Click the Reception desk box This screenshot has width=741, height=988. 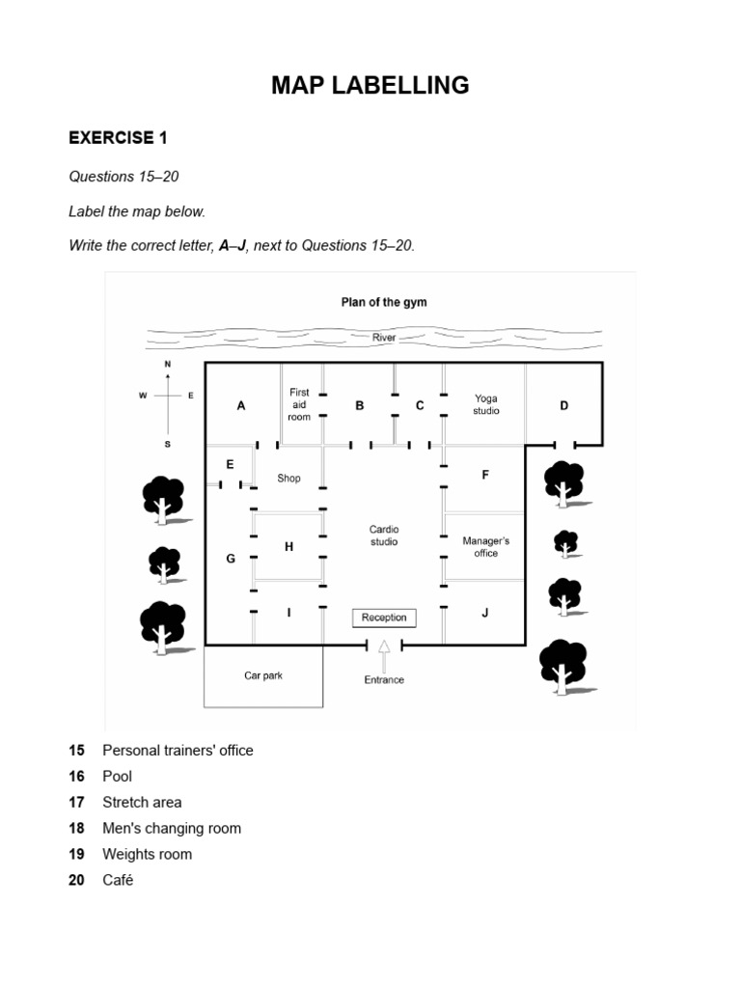(x=384, y=617)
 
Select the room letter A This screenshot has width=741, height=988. (x=241, y=406)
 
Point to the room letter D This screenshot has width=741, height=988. (x=564, y=406)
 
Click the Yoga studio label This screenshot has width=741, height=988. (x=486, y=404)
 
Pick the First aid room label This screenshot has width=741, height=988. (x=299, y=404)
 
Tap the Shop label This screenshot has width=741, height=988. (x=288, y=478)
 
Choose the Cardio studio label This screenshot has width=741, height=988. (x=384, y=535)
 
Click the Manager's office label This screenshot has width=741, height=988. (x=486, y=547)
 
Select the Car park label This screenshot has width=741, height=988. (x=263, y=675)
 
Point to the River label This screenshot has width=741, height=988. (x=384, y=338)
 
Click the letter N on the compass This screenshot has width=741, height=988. (x=168, y=364)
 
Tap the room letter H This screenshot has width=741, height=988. (x=288, y=547)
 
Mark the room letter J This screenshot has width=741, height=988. (x=485, y=613)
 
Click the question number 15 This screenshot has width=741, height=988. (x=76, y=750)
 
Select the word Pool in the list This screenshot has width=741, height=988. (x=117, y=776)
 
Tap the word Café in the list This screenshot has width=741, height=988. (x=118, y=880)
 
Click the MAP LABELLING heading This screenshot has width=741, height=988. (x=370, y=86)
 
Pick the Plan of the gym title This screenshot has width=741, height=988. (x=384, y=302)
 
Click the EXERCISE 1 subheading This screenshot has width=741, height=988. (x=118, y=138)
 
